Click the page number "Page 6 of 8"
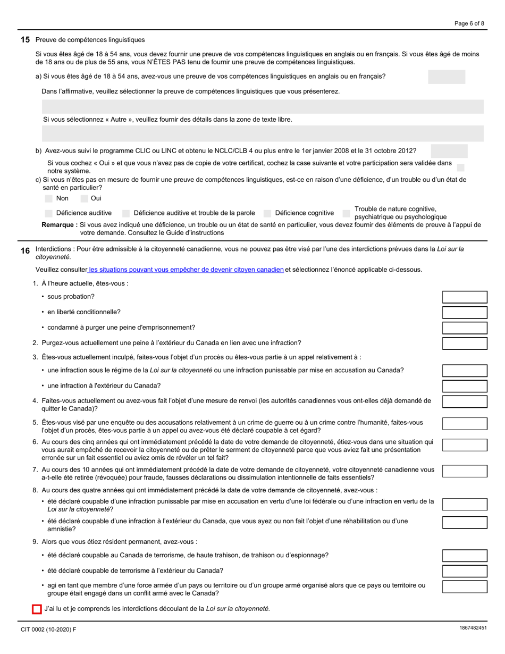[469, 23]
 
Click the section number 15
[25, 40]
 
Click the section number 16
[25, 250]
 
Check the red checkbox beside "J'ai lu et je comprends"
[37, 609]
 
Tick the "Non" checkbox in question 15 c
[49, 198]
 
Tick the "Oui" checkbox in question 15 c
[84, 198]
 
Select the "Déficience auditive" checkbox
[49, 213]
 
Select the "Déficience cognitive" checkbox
[267, 213]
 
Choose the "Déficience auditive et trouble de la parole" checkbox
[126, 213]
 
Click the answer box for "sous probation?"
[465, 297]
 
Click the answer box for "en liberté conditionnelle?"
[465, 313]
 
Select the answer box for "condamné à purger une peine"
[465, 328]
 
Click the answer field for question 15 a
[446, 77]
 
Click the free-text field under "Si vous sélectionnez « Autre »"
[263, 133]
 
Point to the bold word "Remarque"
[59, 225]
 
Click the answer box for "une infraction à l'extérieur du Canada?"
[465, 386]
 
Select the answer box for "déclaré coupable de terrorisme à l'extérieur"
[465, 572]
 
